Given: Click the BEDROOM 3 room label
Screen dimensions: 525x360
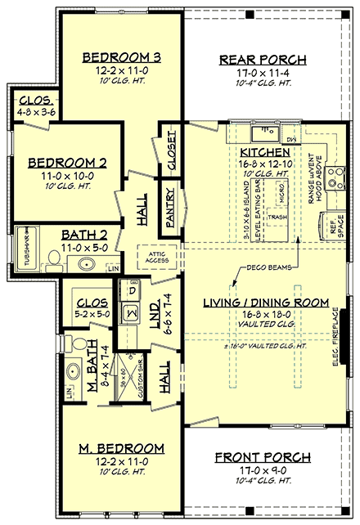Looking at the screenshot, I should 122,57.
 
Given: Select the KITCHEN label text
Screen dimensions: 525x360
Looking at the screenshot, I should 263,153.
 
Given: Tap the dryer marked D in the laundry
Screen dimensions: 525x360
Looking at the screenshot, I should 130,288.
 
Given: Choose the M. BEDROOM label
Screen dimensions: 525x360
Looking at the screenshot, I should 121,449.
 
